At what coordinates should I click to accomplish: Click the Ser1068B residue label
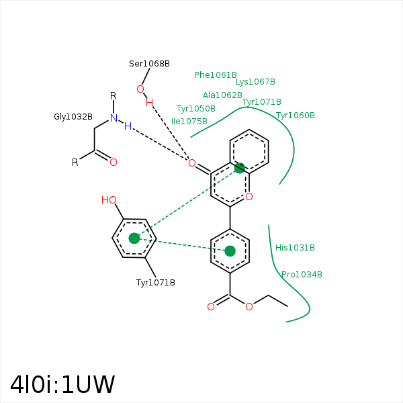pyautogui.click(x=149, y=64)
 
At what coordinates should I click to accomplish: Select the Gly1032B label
pyautogui.click(x=73, y=117)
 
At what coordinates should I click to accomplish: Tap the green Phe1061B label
pyautogui.click(x=216, y=75)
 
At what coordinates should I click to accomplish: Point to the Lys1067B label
pyautogui.click(x=255, y=82)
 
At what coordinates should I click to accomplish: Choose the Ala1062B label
pyautogui.click(x=222, y=95)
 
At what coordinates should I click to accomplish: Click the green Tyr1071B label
pyautogui.click(x=262, y=102)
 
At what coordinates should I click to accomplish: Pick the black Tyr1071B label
pyautogui.click(x=156, y=283)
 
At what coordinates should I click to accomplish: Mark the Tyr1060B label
pyautogui.click(x=296, y=116)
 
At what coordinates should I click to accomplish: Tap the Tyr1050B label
pyautogui.click(x=196, y=109)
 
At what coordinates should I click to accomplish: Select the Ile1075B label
pyautogui.click(x=189, y=122)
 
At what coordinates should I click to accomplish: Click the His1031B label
pyautogui.click(x=295, y=248)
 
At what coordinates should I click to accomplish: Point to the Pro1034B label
pyautogui.click(x=302, y=275)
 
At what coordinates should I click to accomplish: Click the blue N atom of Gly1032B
pyautogui.click(x=114, y=118)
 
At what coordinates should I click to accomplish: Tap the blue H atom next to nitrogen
pyautogui.click(x=128, y=126)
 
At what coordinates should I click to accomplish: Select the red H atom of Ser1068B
pyautogui.click(x=149, y=103)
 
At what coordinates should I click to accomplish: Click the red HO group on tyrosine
pyautogui.click(x=109, y=200)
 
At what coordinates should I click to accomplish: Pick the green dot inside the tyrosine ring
pyautogui.click(x=134, y=238)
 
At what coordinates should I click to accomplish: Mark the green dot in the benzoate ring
pyautogui.click(x=230, y=251)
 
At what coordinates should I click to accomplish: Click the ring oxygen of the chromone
pyautogui.click(x=249, y=197)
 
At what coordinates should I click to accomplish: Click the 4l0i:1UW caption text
pyautogui.click(x=62, y=385)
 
